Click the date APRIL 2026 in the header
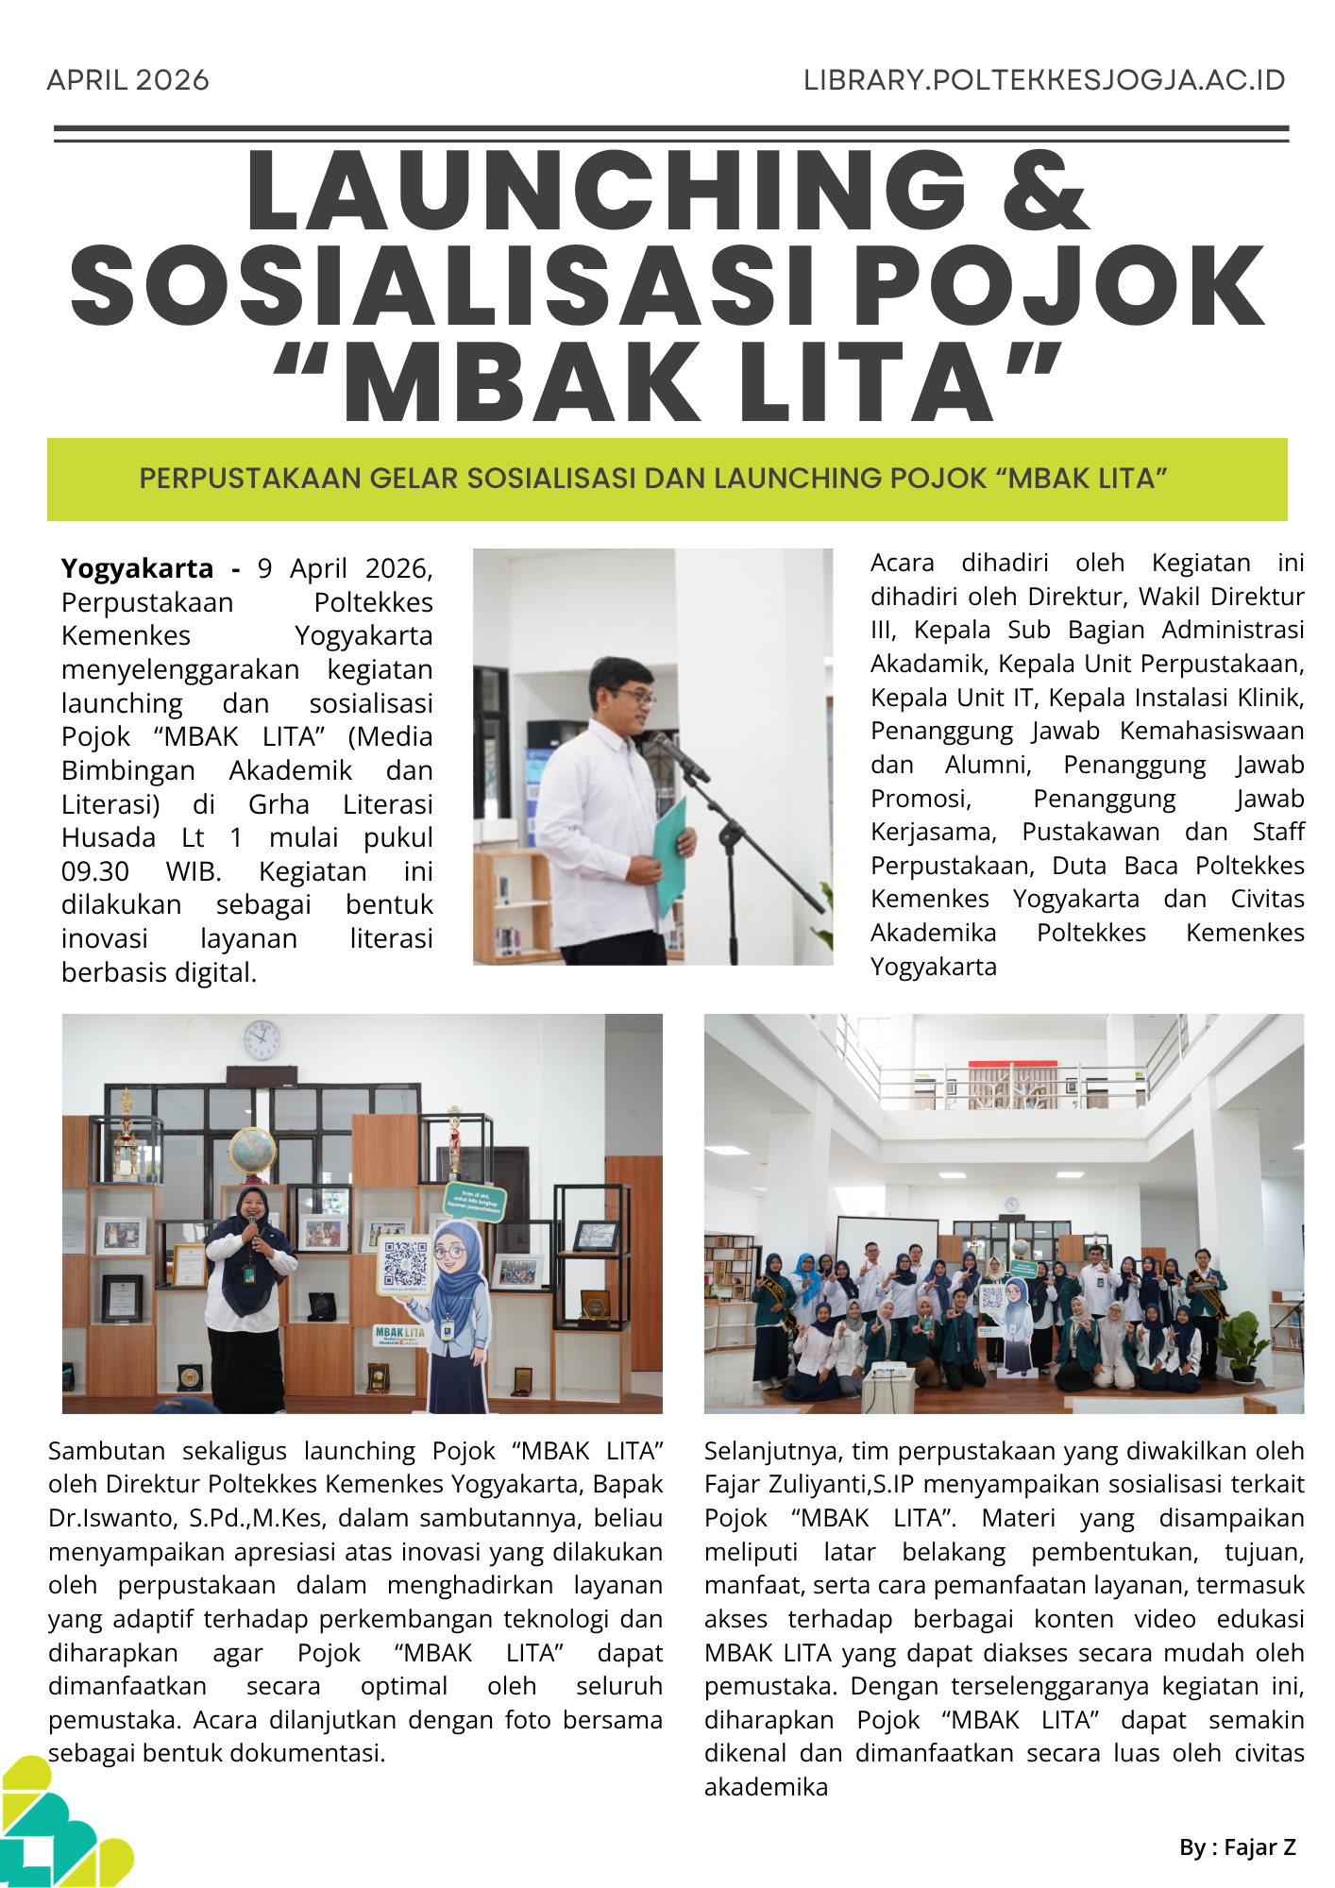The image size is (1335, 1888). tap(127, 80)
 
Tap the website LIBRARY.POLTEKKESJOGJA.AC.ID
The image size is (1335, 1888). tap(1044, 80)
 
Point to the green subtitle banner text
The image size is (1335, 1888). tap(653, 479)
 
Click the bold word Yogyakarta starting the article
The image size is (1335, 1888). tap(138, 568)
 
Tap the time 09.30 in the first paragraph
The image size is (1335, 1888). tap(95, 871)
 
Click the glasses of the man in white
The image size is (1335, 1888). tap(634, 695)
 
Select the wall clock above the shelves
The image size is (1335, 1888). tap(262, 1039)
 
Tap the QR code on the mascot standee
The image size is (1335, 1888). tap(406, 1265)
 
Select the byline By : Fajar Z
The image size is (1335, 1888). tap(1237, 1847)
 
